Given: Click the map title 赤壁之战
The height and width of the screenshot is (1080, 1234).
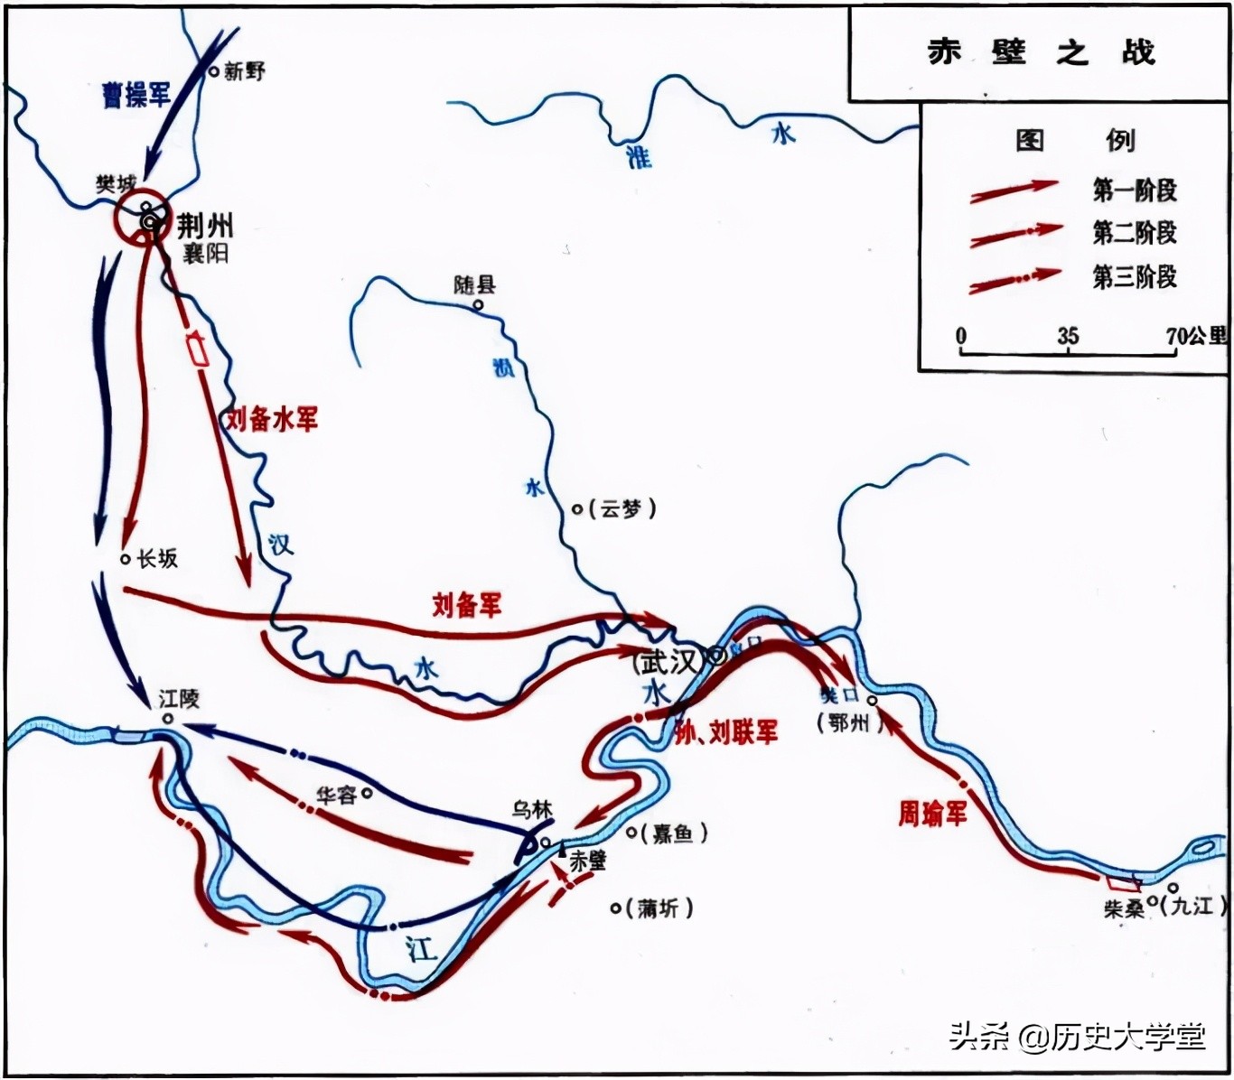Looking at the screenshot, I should [1040, 52].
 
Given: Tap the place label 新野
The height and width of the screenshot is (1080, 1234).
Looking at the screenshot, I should [244, 71].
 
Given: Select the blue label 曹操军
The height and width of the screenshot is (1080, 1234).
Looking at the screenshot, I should [136, 94].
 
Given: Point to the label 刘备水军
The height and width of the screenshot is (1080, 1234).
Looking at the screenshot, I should [272, 419].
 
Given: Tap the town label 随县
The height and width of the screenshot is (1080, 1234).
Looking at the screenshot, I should [474, 285].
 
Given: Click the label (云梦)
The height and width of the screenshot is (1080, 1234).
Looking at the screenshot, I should [622, 509].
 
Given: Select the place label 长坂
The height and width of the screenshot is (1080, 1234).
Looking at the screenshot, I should [157, 559].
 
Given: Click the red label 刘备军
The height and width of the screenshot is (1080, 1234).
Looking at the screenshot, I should [466, 604].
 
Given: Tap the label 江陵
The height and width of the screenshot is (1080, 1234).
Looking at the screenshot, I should [179, 699].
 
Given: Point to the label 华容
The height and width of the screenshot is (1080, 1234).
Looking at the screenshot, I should [336, 796].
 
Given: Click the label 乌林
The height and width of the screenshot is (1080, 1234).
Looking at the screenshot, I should [531, 810].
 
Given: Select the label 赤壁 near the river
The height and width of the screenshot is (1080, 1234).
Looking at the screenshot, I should [587, 861].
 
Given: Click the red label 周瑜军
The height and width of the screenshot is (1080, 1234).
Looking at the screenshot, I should [931, 813].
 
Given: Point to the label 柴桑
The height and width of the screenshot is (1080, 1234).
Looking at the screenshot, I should [1124, 909].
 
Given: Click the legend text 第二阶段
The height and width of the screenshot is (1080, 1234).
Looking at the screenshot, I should [1135, 233].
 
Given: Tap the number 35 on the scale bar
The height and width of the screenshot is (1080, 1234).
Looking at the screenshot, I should [1068, 336].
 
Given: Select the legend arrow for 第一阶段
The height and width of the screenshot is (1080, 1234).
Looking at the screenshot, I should [1014, 191].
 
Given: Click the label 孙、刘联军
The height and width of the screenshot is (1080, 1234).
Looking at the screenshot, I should [725, 732].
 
